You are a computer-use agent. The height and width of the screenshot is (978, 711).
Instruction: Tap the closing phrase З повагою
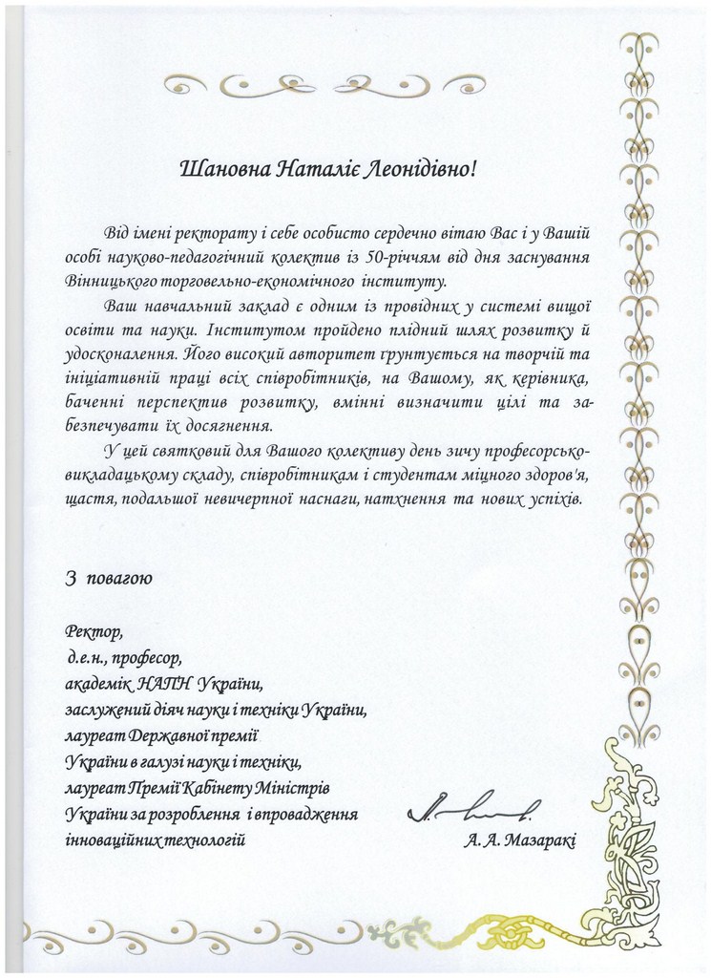click(107, 579)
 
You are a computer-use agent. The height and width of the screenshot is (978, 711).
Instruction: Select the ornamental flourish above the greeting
click(324, 85)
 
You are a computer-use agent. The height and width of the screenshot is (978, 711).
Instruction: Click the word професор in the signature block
click(146, 658)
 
